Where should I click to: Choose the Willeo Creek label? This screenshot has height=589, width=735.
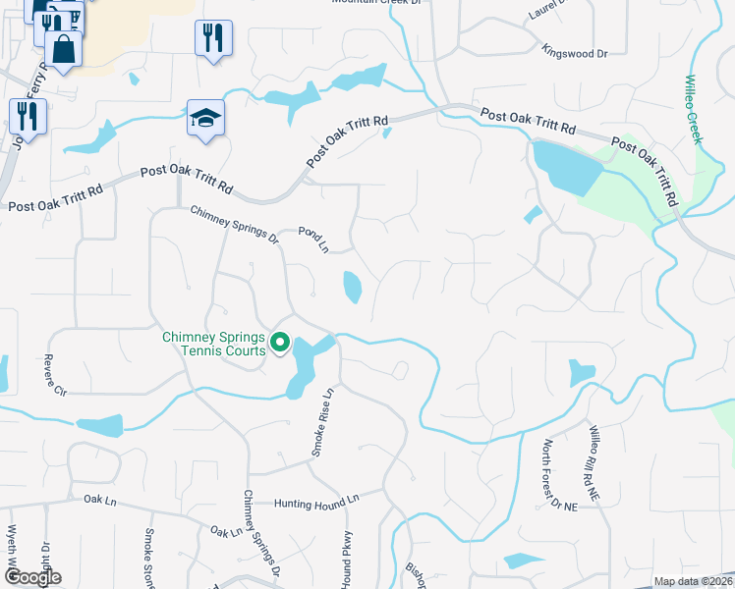694,109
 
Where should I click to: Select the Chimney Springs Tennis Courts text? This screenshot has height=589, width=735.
213,344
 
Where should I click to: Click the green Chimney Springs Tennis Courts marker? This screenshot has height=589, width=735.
280,344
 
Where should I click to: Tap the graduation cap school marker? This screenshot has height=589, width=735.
205,120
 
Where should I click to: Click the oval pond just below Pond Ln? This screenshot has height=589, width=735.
352,287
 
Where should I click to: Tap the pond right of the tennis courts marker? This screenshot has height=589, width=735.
306,363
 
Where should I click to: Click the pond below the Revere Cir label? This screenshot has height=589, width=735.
99,426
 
